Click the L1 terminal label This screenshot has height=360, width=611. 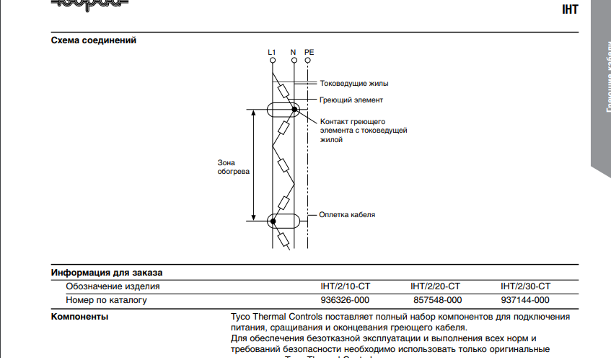click(x=271, y=52)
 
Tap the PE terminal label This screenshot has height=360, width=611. click(x=309, y=52)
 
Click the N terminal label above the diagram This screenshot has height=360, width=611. click(x=294, y=52)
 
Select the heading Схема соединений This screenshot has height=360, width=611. click(x=94, y=40)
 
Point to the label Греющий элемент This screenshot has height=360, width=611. click(x=351, y=100)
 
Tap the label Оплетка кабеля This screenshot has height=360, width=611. click(x=347, y=215)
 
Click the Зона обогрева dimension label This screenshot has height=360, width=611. click(x=234, y=168)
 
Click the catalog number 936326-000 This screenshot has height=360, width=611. click(x=345, y=300)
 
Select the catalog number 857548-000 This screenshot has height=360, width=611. click(x=436, y=300)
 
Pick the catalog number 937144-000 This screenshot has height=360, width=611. click(x=524, y=300)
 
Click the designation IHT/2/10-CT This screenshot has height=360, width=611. click(x=346, y=286)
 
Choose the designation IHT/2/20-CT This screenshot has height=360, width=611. click(x=436, y=286)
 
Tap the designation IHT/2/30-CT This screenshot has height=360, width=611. click(x=525, y=286)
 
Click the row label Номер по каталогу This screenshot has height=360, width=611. click(x=106, y=300)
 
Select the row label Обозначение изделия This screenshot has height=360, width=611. click(x=113, y=286)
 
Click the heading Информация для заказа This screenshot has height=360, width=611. click(x=107, y=273)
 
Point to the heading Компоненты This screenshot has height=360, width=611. click(x=79, y=317)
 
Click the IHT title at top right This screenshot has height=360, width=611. click(x=570, y=11)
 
